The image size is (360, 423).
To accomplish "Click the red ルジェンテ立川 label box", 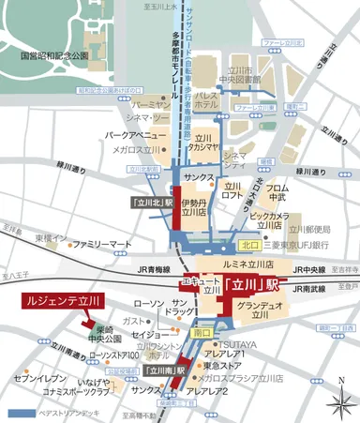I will coord(61,302).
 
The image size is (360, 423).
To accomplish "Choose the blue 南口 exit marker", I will coord(200,332).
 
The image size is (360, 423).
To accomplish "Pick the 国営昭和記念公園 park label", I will coord(53,56).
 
